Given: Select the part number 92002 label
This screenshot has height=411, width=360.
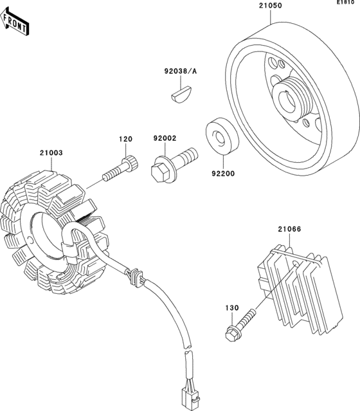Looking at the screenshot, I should (165, 139).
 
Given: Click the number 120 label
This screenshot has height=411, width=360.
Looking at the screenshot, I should (125, 139).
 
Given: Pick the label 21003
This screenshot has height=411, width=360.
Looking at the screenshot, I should (51, 154).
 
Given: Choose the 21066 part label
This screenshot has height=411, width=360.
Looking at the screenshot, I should (290, 228).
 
